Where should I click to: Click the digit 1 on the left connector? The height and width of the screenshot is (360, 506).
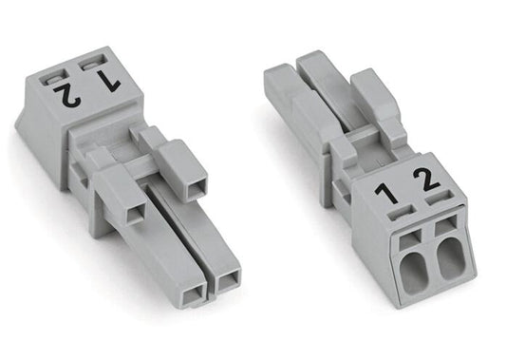[x=109, y=82]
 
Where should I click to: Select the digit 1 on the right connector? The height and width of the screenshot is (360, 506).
[x=386, y=194]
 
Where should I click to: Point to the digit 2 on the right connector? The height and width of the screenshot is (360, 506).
[x=426, y=180]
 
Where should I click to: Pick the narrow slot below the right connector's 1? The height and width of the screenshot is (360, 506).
[x=402, y=213]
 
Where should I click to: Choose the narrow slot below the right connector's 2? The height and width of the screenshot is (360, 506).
[x=439, y=198]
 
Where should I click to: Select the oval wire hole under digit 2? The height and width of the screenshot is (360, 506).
[x=450, y=259]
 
